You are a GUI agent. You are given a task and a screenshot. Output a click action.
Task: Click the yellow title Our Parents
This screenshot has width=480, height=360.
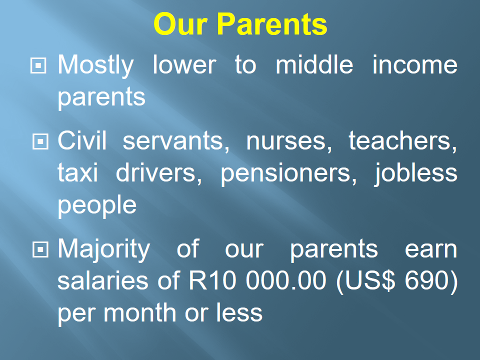240,24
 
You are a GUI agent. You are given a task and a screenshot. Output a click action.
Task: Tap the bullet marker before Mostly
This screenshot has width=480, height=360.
38,65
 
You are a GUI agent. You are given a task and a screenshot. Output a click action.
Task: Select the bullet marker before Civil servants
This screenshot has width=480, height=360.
40,141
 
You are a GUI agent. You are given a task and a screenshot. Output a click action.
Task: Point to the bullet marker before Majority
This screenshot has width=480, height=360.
40,249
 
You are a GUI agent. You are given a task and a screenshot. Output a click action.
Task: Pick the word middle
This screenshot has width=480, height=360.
314,64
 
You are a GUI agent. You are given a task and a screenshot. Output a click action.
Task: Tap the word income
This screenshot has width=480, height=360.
415,64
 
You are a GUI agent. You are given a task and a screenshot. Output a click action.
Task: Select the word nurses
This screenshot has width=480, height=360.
289,141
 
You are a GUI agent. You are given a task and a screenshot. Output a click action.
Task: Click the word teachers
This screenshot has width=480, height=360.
403,141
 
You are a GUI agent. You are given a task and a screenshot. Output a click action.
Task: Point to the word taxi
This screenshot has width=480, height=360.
78,172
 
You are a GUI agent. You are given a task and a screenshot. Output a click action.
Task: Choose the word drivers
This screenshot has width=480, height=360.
159,173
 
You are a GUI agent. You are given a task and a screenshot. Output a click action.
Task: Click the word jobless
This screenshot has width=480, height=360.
415,173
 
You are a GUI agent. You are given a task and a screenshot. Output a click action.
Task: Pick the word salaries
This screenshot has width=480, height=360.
103,280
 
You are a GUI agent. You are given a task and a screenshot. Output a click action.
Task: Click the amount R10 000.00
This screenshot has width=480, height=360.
257,280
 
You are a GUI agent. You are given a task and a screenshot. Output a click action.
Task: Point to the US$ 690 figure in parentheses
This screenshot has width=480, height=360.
396,281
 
